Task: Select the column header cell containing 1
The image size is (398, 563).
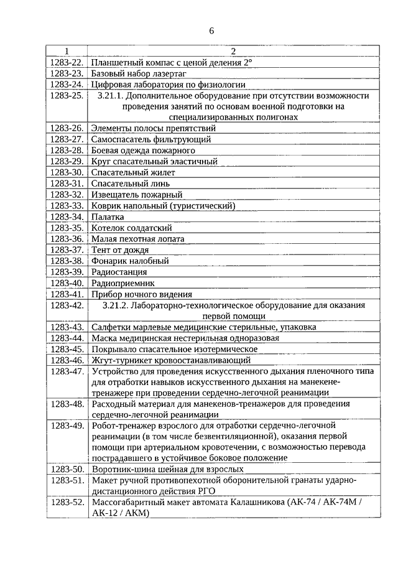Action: point(67,51)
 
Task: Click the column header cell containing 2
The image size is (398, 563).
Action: point(233,51)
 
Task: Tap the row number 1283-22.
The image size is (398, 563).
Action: point(67,62)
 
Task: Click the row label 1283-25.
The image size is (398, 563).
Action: point(67,96)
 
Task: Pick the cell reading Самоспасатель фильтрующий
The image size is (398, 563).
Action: point(151,139)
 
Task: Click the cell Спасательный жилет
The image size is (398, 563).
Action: point(133,172)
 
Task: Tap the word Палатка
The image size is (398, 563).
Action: point(107,216)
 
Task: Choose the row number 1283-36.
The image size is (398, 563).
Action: point(67,238)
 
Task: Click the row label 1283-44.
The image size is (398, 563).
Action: point(67,338)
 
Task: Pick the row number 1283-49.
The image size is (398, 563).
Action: point(67,426)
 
